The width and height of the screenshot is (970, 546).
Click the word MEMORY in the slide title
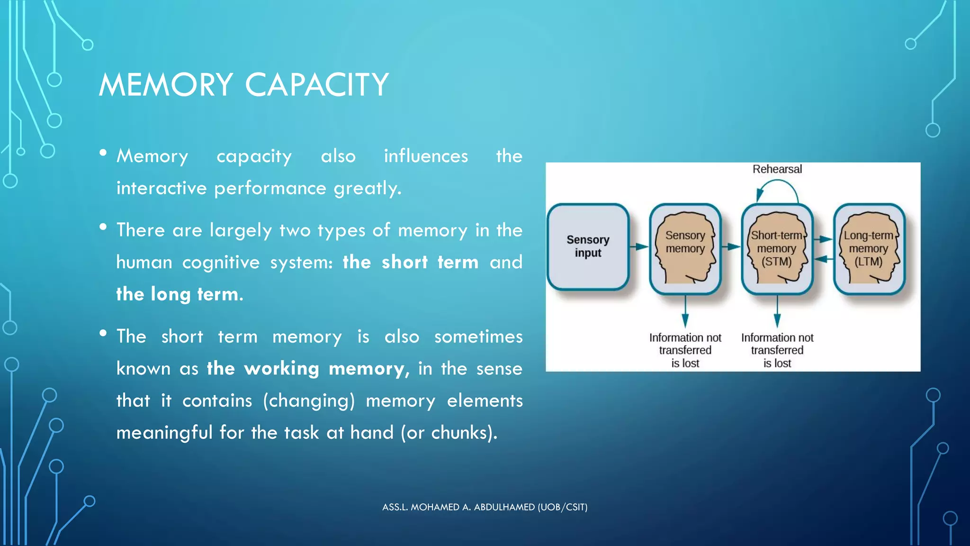[x=166, y=85]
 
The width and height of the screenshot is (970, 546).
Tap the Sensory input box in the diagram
[x=588, y=246]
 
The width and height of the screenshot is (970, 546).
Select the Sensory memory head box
[x=685, y=248]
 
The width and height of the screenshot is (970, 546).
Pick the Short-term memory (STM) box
[x=777, y=248]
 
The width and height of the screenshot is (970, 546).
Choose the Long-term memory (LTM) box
[x=869, y=248]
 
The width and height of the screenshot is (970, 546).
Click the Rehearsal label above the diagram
[x=777, y=169]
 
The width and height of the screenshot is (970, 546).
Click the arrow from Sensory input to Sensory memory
[x=639, y=246]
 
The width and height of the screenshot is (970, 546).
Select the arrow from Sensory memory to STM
[x=731, y=246]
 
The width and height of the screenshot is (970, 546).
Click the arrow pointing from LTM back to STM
[x=823, y=259]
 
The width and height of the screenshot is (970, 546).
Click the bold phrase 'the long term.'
[x=180, y=294]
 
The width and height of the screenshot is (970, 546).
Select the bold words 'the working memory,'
[x=308, y=369]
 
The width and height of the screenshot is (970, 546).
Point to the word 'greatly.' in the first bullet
[x=368, y=189]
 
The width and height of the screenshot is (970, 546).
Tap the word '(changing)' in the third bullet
[x=309, y=401]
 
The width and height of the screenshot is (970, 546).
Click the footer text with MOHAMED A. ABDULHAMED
[x=485, y=507]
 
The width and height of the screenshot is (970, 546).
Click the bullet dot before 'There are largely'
[x=103, y=227]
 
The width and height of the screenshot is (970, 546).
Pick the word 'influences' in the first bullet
[x=426, y=156]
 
